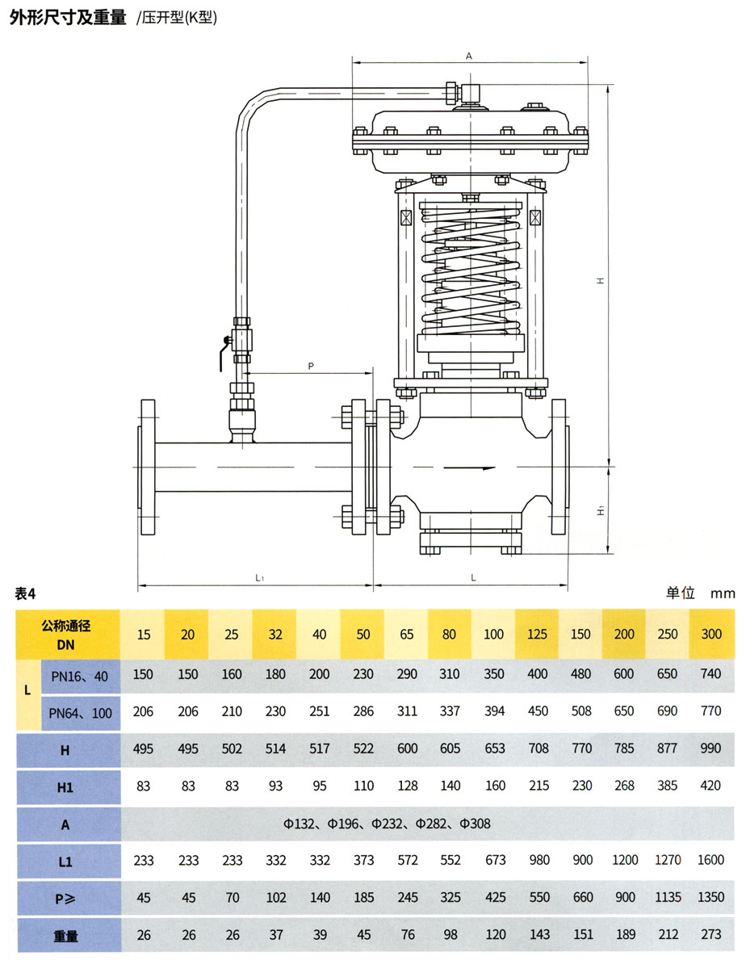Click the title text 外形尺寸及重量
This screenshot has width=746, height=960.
(x=68, y=18)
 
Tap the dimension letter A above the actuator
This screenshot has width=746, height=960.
(x=469, y=56)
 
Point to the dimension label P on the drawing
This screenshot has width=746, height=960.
(x=311, y=366)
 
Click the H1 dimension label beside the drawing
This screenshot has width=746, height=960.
(x=600, y=511)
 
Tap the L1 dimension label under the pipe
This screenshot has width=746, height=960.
(x=260, y=577)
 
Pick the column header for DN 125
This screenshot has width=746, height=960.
(x=539, y=634)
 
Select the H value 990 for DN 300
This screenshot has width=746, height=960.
(x=710, y=748)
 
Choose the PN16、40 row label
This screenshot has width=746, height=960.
(x=79, y=674)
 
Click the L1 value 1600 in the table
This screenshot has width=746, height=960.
(x=710, y=861)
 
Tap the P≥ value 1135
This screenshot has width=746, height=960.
(x=667, y=898)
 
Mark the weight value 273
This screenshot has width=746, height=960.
(x=710, y=935)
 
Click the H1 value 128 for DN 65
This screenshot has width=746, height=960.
(x=407, y=786)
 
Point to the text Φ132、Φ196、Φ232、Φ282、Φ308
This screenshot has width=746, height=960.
(x=387, y=824)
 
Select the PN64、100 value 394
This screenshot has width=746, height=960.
(x=494, y=711)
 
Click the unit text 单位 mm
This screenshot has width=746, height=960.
(x=700, y=593)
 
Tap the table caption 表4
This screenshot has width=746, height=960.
(x=27, y=593)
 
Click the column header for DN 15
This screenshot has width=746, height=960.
(x=144, y=634)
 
